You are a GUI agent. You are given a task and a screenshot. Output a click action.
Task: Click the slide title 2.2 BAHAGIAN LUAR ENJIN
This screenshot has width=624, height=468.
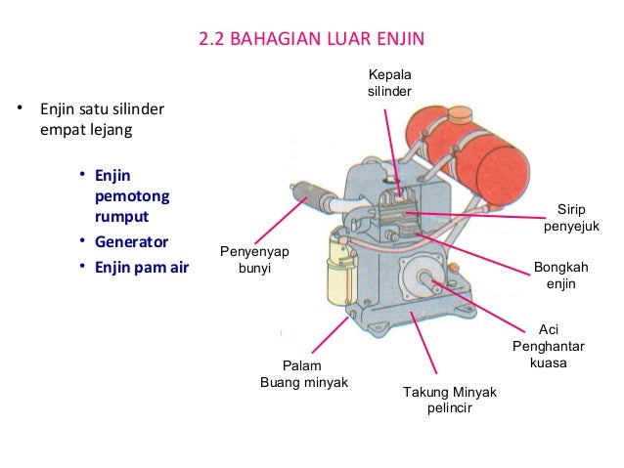coord(312,41)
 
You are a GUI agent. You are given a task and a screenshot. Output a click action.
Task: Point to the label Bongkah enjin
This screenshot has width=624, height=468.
coord(561,274)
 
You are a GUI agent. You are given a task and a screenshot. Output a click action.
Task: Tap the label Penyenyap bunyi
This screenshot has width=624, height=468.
coord(255,259)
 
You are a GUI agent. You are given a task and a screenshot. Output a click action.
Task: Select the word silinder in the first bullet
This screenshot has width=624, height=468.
coord(128,106)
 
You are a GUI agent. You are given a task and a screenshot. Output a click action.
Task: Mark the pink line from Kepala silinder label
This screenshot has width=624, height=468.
coord(392,147)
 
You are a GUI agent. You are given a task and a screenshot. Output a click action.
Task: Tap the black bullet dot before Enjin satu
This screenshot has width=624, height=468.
coord(18,106)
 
